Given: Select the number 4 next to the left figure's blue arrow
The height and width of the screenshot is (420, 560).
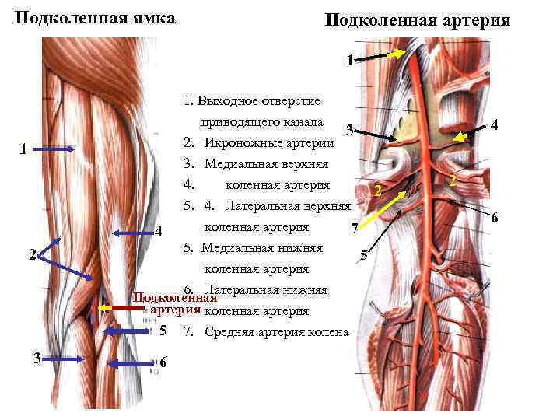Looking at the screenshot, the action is [158, 232].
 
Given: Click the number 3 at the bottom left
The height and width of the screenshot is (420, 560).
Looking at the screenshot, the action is [37, 358].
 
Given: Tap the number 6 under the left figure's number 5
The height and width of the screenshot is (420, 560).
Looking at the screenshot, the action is [163, 363].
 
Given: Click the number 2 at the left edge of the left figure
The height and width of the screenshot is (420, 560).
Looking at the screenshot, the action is [31, 254].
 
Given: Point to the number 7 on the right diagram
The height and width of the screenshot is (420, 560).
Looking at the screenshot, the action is [353, 229].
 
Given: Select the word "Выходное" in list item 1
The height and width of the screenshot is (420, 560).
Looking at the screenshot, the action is [226, 101].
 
